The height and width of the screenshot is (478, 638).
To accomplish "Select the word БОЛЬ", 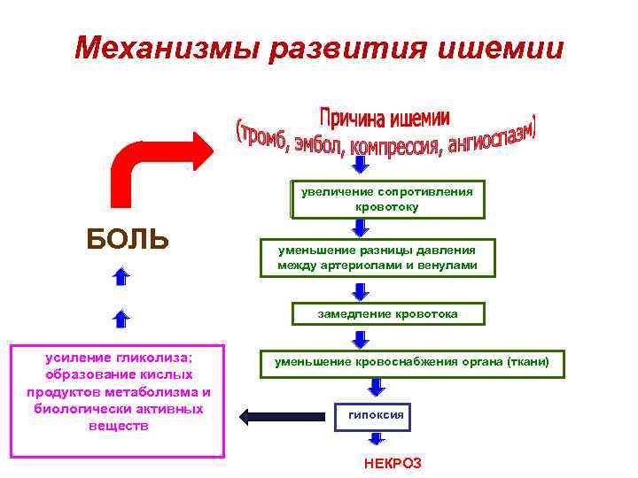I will [128, 239].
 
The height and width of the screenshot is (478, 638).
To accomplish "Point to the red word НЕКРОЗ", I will [393, 463].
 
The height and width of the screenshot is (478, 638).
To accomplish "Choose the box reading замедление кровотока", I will [388, 313].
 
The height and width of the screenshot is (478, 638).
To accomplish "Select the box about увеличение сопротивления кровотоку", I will [386, 199].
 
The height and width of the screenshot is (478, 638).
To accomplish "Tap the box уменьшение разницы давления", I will [377, 258].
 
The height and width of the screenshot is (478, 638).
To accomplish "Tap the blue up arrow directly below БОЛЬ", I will [122, 277].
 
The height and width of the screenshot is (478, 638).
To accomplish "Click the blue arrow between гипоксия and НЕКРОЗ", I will [377, 438].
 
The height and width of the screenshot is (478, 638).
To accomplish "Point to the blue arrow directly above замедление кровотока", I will [361, 290].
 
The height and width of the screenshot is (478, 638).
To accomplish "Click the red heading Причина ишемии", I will [384, 118].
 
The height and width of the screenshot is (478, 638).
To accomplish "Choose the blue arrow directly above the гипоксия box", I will [377, 387].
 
